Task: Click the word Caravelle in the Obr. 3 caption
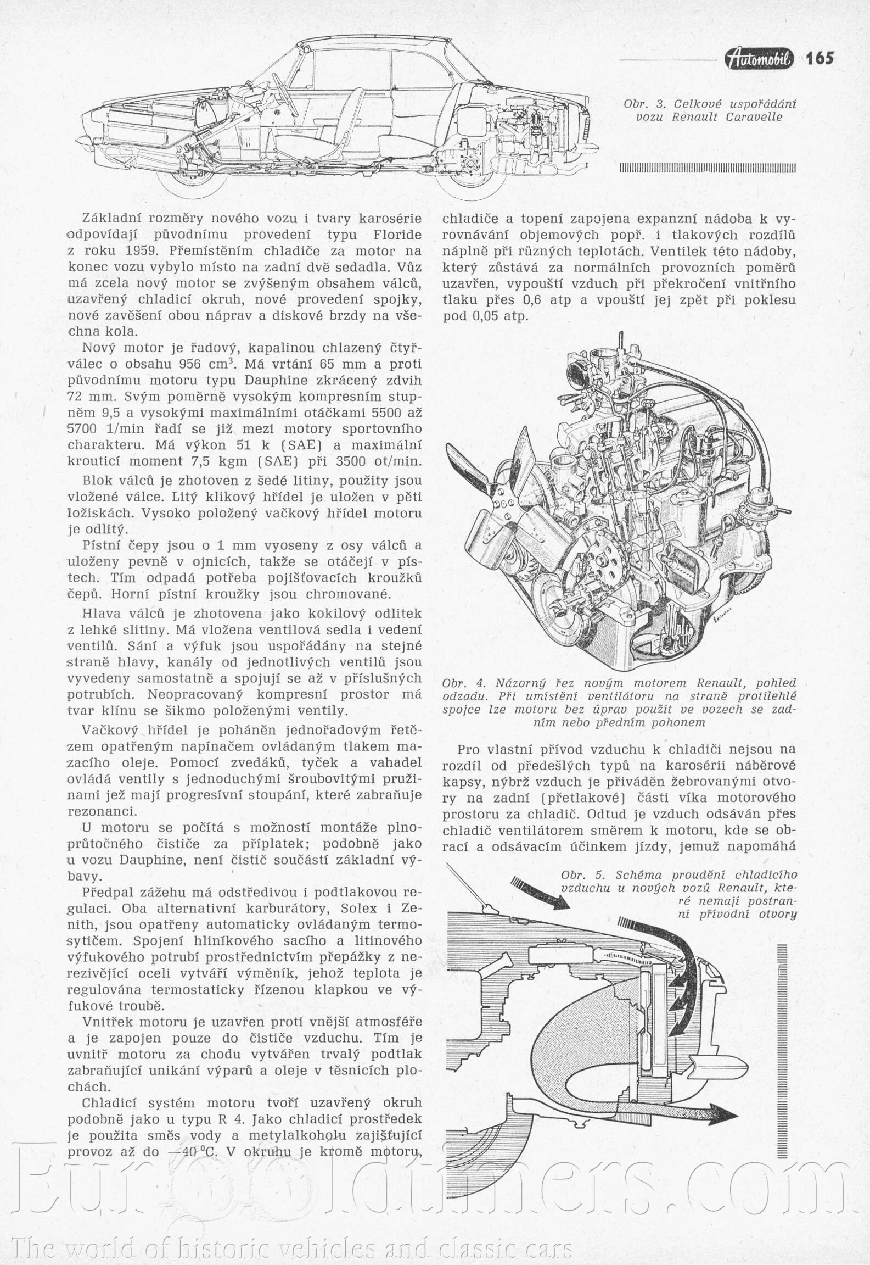755,117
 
